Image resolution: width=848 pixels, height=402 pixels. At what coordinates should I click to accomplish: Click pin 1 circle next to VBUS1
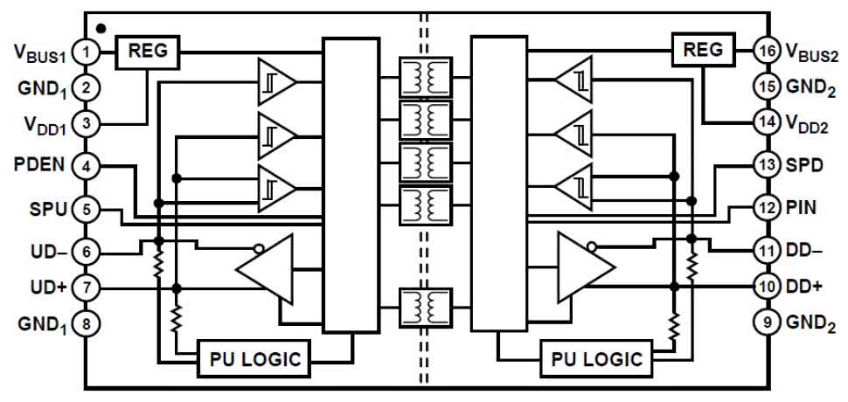(x=86, y=52)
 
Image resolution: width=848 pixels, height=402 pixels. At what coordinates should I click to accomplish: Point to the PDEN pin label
(x=36, y=164)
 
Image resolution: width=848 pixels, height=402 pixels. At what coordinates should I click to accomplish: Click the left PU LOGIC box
(x=255, y=357)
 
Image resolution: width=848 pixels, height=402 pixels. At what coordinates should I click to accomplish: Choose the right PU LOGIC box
(x=596, y=357)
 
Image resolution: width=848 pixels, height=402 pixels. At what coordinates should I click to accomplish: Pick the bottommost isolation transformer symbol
(x=425, y=308)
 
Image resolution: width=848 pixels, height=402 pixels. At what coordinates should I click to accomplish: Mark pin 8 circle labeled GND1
(x=86, y=323)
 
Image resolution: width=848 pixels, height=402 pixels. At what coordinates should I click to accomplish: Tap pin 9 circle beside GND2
(x=767, y=323)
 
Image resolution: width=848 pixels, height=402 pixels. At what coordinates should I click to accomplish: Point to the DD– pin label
(x=803, y=249)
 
